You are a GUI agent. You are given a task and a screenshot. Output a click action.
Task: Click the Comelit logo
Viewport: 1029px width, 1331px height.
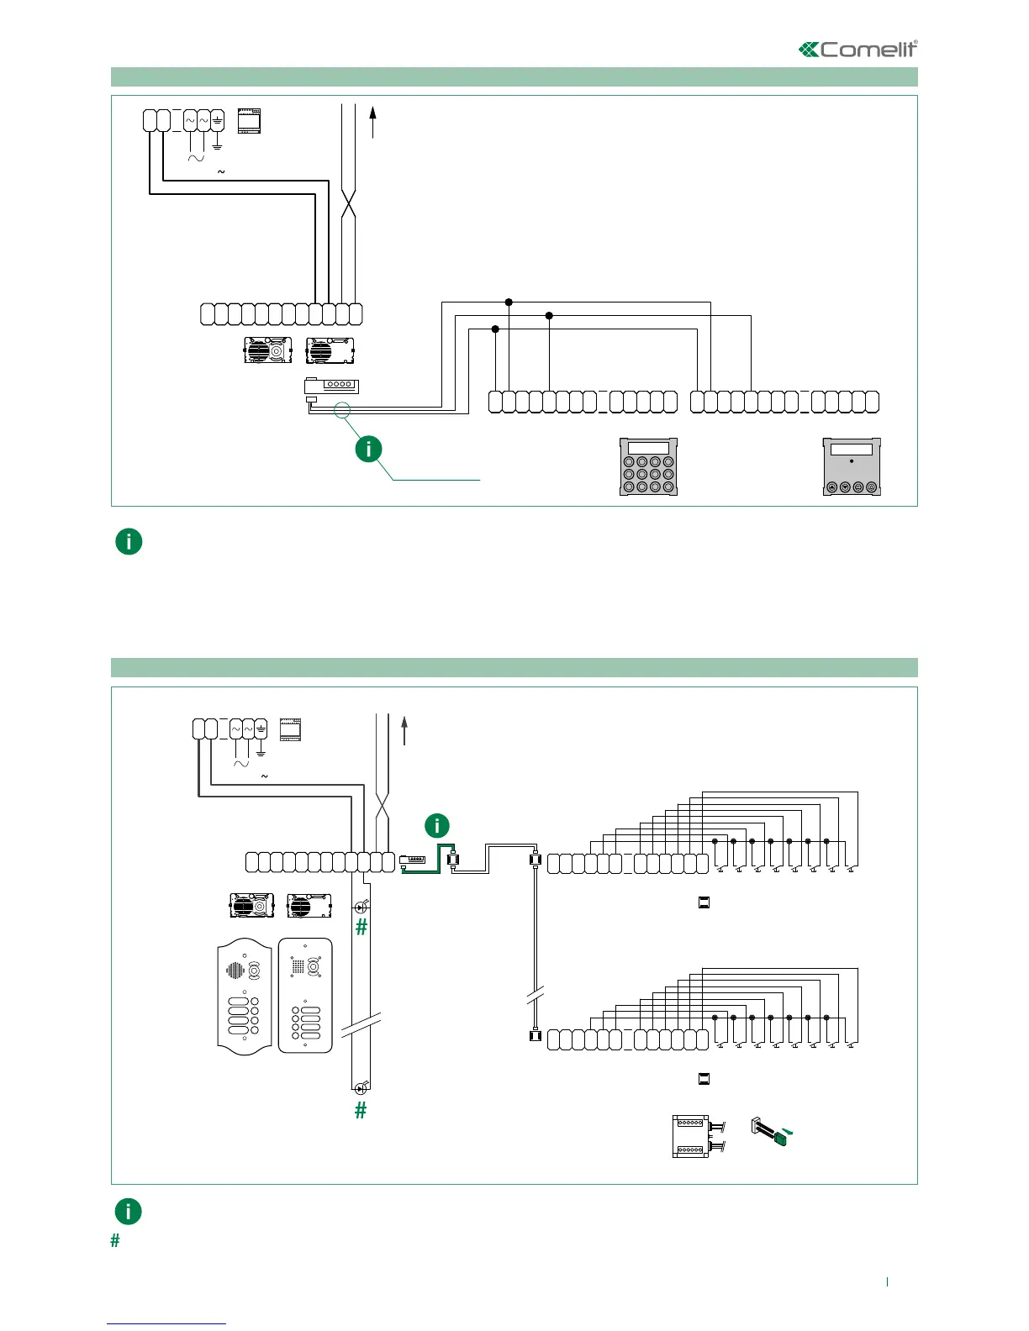coord(857,50)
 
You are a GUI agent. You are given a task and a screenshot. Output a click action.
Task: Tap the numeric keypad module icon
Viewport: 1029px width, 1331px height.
coord(648,466)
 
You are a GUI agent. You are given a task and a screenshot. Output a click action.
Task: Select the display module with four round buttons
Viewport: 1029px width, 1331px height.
coord(852,466)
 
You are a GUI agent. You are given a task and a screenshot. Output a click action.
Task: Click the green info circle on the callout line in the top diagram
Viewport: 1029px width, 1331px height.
coord(368,449)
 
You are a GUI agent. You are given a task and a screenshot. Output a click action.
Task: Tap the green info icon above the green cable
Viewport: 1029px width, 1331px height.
coord(437,826)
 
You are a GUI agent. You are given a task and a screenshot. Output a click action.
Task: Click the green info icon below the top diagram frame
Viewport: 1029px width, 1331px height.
coord(129,541)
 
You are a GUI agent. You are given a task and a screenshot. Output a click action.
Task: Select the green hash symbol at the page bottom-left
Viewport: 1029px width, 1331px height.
coord(115,1240)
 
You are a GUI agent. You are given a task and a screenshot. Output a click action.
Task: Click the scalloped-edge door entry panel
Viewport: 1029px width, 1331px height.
coord(245,995)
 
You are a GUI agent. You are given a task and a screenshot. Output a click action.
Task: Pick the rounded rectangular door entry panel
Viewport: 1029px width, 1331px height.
coord(305,995)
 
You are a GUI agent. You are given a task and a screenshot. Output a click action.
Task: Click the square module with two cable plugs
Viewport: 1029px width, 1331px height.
coord(692,1136)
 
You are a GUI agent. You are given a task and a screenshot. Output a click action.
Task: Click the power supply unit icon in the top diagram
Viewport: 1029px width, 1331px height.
coord(249,122)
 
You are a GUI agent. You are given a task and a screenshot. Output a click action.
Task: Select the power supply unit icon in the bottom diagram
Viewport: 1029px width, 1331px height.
coord(290,729)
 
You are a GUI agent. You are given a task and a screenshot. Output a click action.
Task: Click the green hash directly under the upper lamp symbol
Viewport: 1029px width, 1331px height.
coord(361,927)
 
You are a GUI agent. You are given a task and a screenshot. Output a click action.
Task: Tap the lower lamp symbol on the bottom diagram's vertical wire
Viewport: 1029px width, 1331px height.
coord(361,1088)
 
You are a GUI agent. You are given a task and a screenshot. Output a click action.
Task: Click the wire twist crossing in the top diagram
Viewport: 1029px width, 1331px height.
coord(349,205)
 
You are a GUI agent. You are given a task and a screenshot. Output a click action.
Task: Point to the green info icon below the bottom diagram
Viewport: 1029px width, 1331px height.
coord(128,1211)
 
